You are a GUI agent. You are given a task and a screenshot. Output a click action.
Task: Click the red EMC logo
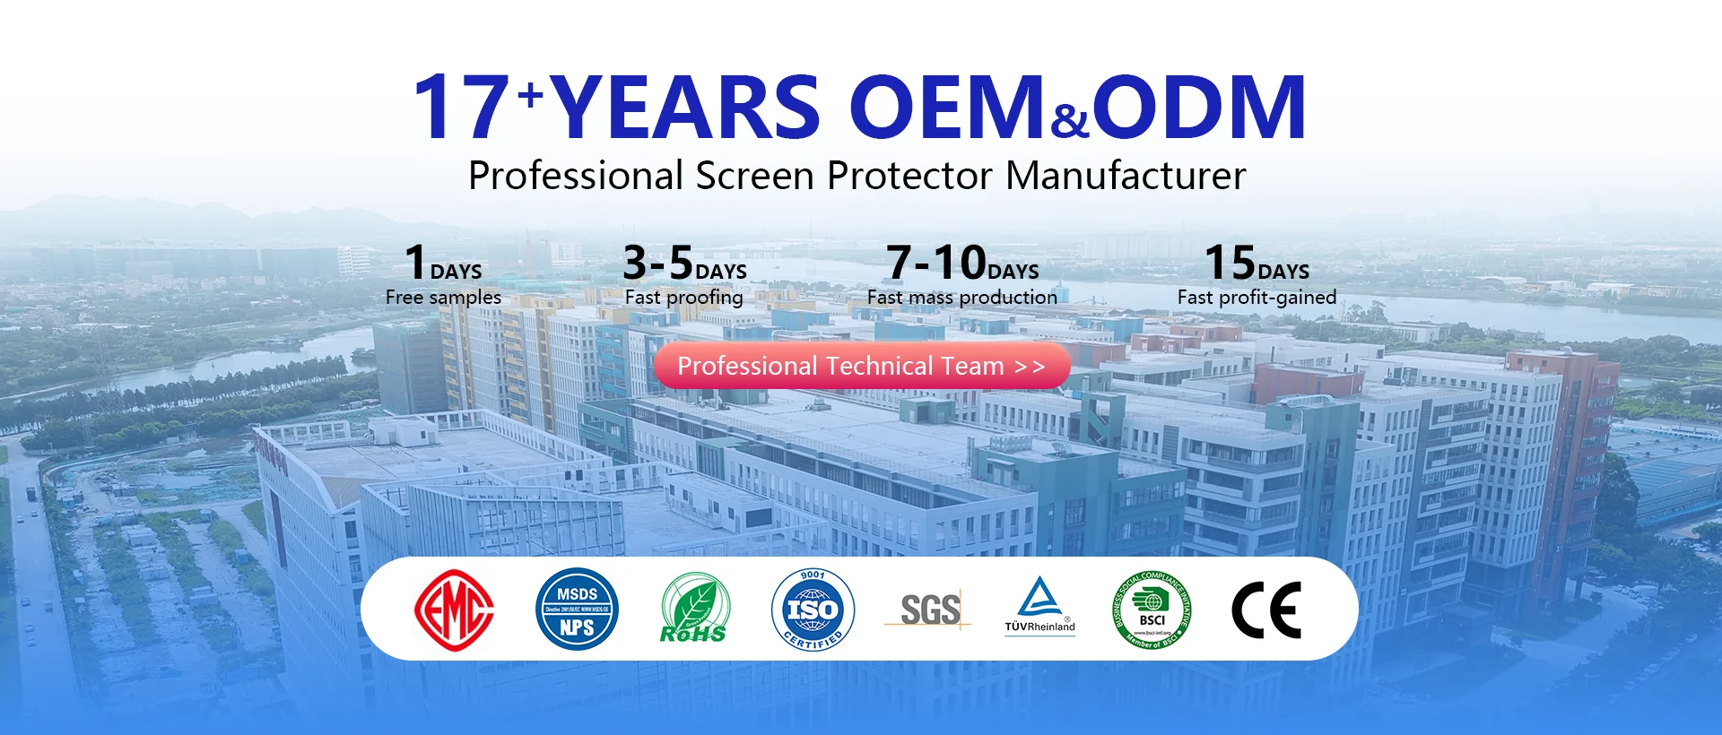pyautogui.click(x=454, y=610)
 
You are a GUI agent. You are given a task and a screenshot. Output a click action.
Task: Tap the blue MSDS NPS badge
pyautogui.click(x=577, y=610)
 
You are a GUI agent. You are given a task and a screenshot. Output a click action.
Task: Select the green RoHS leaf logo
pyautogui.click(x=694, y=610)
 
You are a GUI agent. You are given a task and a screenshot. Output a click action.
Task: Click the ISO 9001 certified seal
pyautogui.click(x=813, y=610)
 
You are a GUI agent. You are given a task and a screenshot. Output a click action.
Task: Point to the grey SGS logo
pyautogui.click(x=929, y=610)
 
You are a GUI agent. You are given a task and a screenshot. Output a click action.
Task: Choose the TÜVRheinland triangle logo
pyautogui.click(x=1039, y=606)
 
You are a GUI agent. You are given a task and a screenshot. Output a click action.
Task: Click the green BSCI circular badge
pyautogui.click(x=1152, y=610)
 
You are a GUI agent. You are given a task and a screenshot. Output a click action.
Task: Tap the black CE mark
pyautogui.click(x=1265, y=610)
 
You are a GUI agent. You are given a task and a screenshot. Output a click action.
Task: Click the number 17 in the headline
pyautogui.click(x=461, y=108)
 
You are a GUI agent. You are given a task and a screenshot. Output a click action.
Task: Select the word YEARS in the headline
pyautogui.click(x=687, y=108)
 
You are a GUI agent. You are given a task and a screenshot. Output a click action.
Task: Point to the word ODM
pyautogui.click(x=1198, y=108)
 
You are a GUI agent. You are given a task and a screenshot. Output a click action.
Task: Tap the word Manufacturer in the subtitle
pyautogui.click(x=1126, y=176)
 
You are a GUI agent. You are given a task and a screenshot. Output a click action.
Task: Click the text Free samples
pyautogui.click(x=443, y=298)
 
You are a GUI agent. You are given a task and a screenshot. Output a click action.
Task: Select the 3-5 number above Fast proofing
pyautogui.click(x=658, y=264)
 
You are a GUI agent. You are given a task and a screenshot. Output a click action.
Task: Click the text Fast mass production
pyautogui.click(x=961, y=298)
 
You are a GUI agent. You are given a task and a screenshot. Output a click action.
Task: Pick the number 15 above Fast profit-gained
pyautogui.click(x=1230, y=264)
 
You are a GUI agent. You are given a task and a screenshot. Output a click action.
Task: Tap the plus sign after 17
pyautogui.click(x=531, y=93)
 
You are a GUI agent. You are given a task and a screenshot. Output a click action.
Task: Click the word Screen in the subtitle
pyautogui.click(x=755, y=176)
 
